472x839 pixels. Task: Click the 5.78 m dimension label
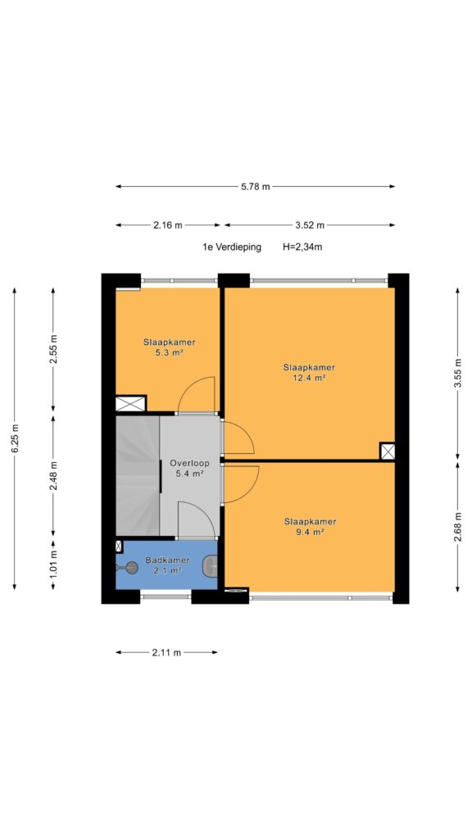(256, 187)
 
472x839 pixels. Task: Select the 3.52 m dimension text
(310, 225)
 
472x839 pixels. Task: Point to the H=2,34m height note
(302, 247)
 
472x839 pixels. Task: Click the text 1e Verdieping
(232, 247)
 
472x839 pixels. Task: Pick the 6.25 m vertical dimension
(15, 439)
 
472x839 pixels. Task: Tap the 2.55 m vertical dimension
(53, 350)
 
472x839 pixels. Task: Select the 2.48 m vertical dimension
(53, 476)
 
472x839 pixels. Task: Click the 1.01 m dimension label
(53, 564)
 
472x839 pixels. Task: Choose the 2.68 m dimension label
(459, 528)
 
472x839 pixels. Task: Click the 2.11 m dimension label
(166, 652)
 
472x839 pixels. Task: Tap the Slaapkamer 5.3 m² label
(169, 347)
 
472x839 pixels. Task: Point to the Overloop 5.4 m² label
(189, 468)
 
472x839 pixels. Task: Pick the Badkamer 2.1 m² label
(167, 565)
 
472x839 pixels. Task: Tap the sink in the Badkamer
(211, 565)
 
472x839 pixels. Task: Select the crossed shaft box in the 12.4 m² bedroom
(388, 451)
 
